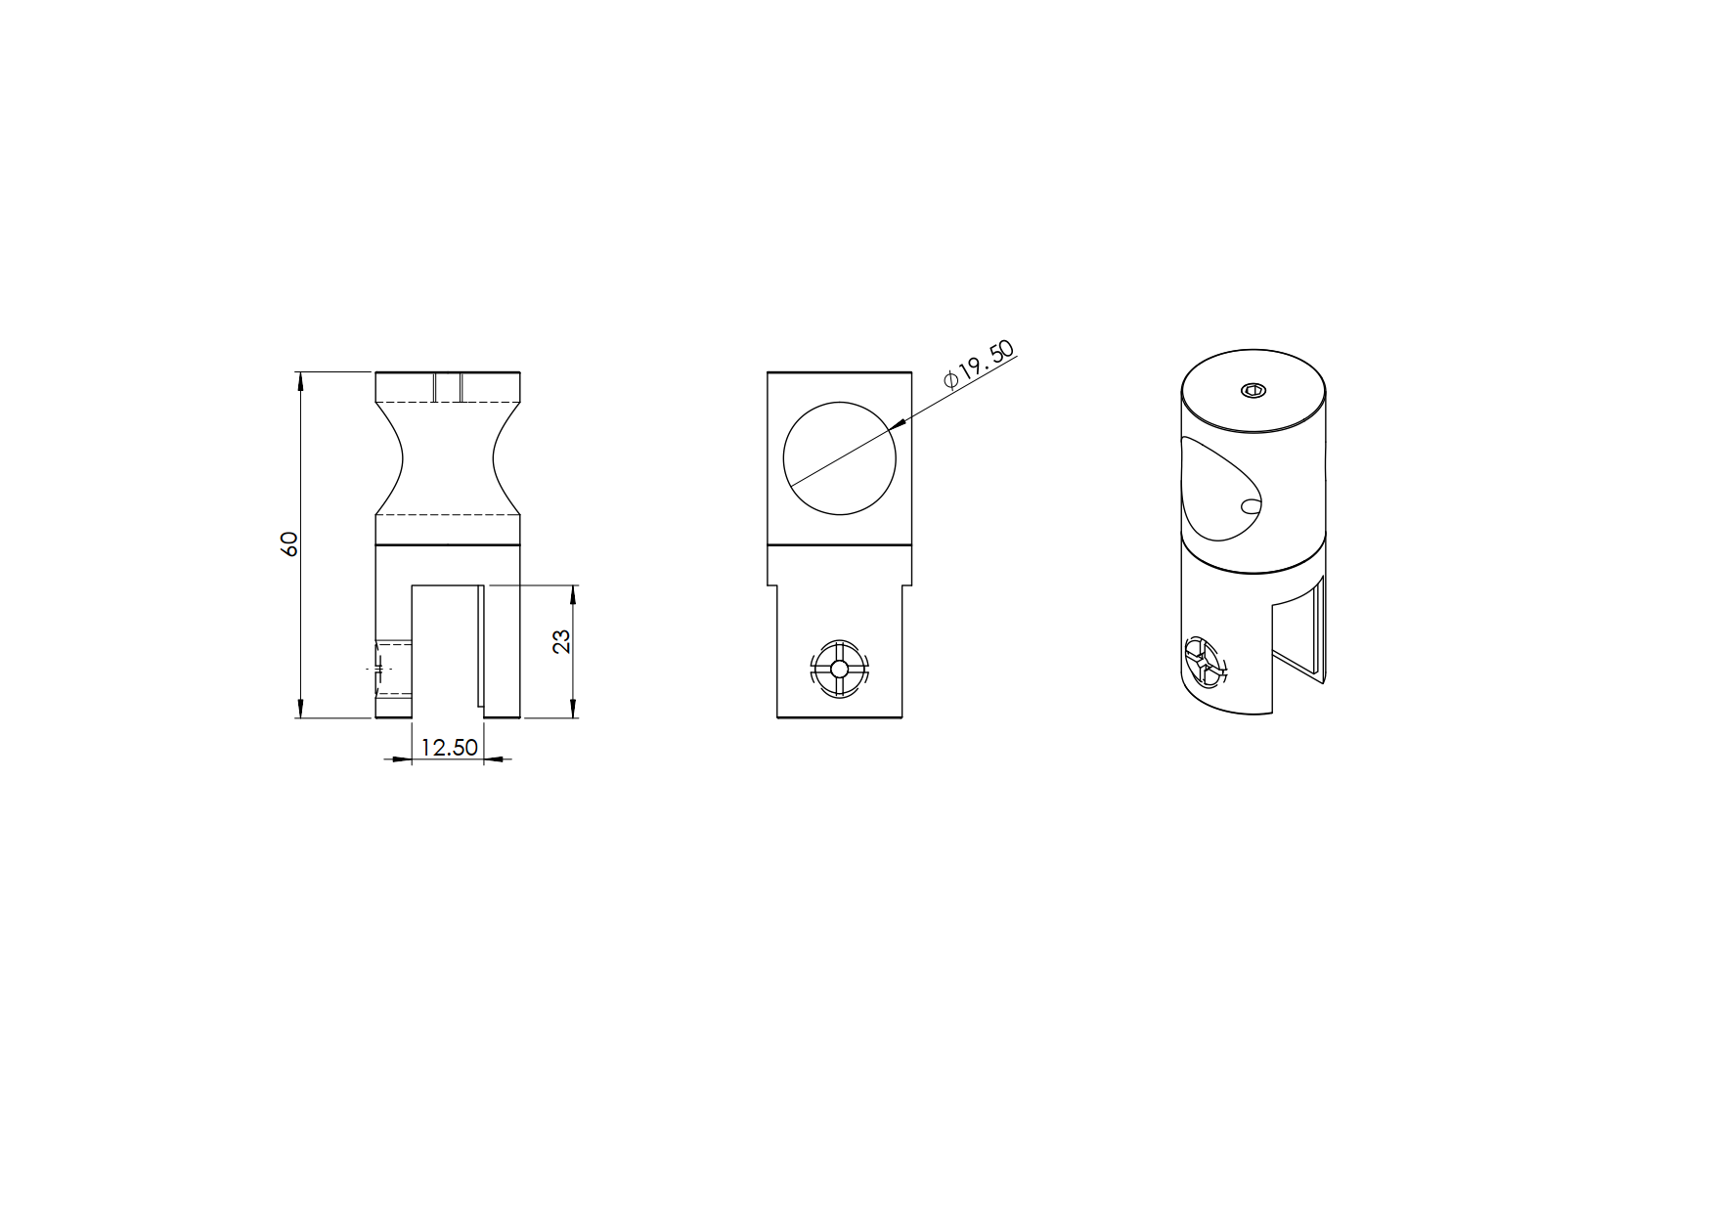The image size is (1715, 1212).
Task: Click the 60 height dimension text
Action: pyautogui.click(x=288, y=544)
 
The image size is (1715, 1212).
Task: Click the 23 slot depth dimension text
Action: pyautogui.click(x=561, y=641)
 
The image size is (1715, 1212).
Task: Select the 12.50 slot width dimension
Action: pyautogui.click(x=449, y=748)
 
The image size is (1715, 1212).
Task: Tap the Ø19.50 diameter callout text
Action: pyautogui.click(x=979, y=365)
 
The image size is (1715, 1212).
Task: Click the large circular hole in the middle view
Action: pyautogui.click(x=839, y=458)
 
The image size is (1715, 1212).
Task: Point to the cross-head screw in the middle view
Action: pyautogui.click(x=838, y=670)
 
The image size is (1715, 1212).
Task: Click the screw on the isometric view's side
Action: pyautogui.click(x=1205, y=662)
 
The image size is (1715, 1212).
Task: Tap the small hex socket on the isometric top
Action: pyautogui.click(x=1253, y=392)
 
